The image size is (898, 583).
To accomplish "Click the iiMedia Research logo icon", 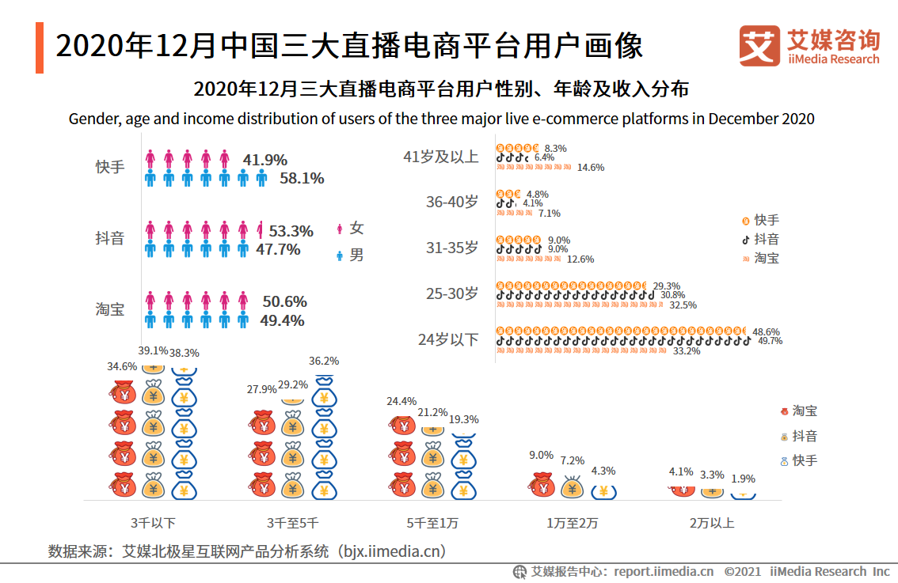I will click(759, 47).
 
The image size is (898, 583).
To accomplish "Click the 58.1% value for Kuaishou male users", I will click(302, 179).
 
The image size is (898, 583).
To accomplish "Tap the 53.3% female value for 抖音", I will click(291, 232).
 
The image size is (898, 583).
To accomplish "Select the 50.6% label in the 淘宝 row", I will click(284, 302).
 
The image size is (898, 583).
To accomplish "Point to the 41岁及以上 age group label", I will click(441, 157).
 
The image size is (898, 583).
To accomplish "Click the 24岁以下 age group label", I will click(448, 340).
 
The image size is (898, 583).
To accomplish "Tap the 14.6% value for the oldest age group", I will click(591, 168).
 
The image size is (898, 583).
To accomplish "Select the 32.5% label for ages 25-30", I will click(683, 305).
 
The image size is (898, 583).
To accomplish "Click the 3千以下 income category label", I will click(154, 523).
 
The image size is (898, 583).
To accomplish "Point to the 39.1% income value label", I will click(153, 350).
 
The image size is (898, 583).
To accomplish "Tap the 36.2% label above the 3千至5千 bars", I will click(324, 361).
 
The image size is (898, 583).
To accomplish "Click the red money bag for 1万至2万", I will click(542, 485).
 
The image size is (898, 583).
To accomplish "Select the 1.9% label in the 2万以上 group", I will click(743, 479).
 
